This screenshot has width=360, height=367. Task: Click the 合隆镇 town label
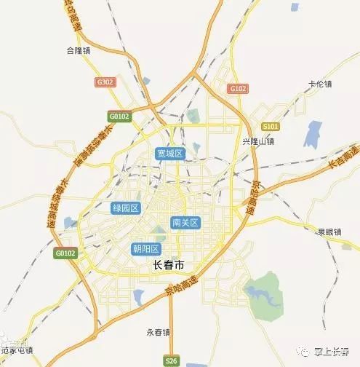coord(77,52)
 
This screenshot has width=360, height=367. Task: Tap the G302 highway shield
coord(105,83)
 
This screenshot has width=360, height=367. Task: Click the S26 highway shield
coord(171,360)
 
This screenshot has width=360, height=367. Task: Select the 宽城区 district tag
coord(171,154)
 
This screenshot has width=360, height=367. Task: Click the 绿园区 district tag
coord(125,208)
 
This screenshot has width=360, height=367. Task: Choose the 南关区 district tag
coord(185,222)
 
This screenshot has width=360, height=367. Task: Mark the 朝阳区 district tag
coord(146,248)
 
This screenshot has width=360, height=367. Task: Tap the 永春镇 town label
coord(158,332)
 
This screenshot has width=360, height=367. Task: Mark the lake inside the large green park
coord(262,294)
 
